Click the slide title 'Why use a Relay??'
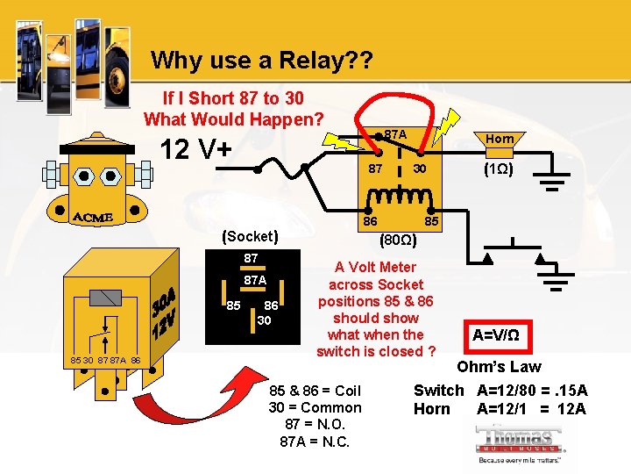pyautogui.click(x=261, y=61)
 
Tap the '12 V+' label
pyautogui.click(x=198, y=150)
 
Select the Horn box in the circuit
pyautogui.click(x=500, y=139)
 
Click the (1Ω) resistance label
pyautogui.click(x=500, y=170)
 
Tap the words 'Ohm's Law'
pyautogui.click(x=499, y=366)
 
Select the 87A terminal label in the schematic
pyautogui.click(x=395, y=134)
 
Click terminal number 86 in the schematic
pyautogui.click(x=372, y=223)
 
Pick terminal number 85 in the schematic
pyautogui.click(x=432, y=223)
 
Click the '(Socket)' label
pyautogui.click(x=251, y=236)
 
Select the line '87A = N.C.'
pyautogui.click(x=315, y=442)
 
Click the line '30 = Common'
pyautogui.click(x=315, y=407)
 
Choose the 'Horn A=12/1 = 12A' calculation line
pyautogui.click(x=500, y=408)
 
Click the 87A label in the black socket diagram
pyautogui.click(x=255, y=280)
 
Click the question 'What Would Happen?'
pyautogui.click(x=234, y=118)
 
